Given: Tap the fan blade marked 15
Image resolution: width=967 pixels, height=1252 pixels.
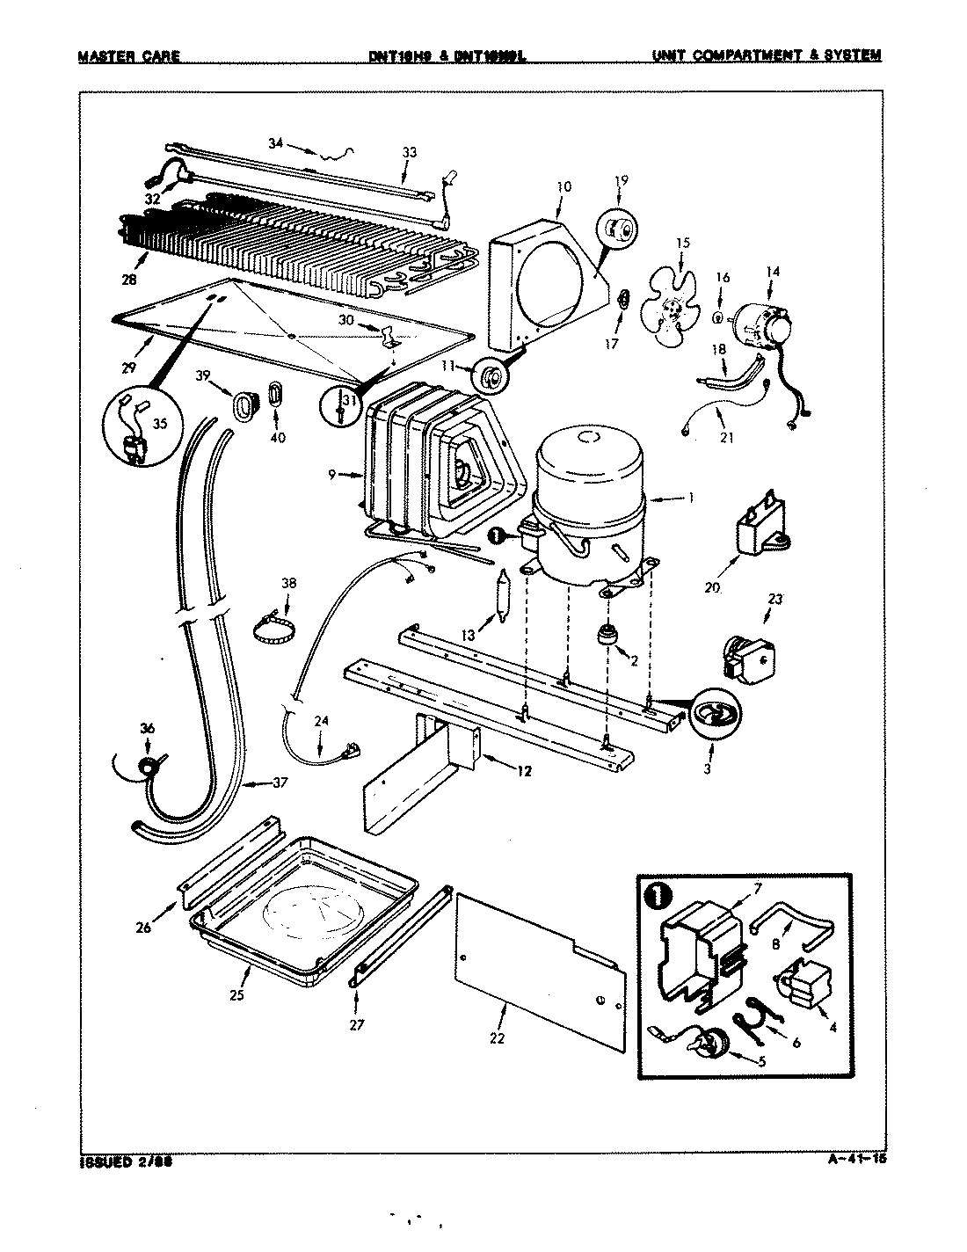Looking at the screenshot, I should tap(673, 307).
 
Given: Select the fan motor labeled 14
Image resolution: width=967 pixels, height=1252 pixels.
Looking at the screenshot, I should tap(761, 323).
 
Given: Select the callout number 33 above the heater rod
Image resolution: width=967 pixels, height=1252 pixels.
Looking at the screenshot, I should tap(409, 152).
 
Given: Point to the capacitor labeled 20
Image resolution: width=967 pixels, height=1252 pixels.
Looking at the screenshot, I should tap(760, 536).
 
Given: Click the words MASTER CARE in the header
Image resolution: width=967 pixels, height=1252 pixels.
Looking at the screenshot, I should tap(128, 56).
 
